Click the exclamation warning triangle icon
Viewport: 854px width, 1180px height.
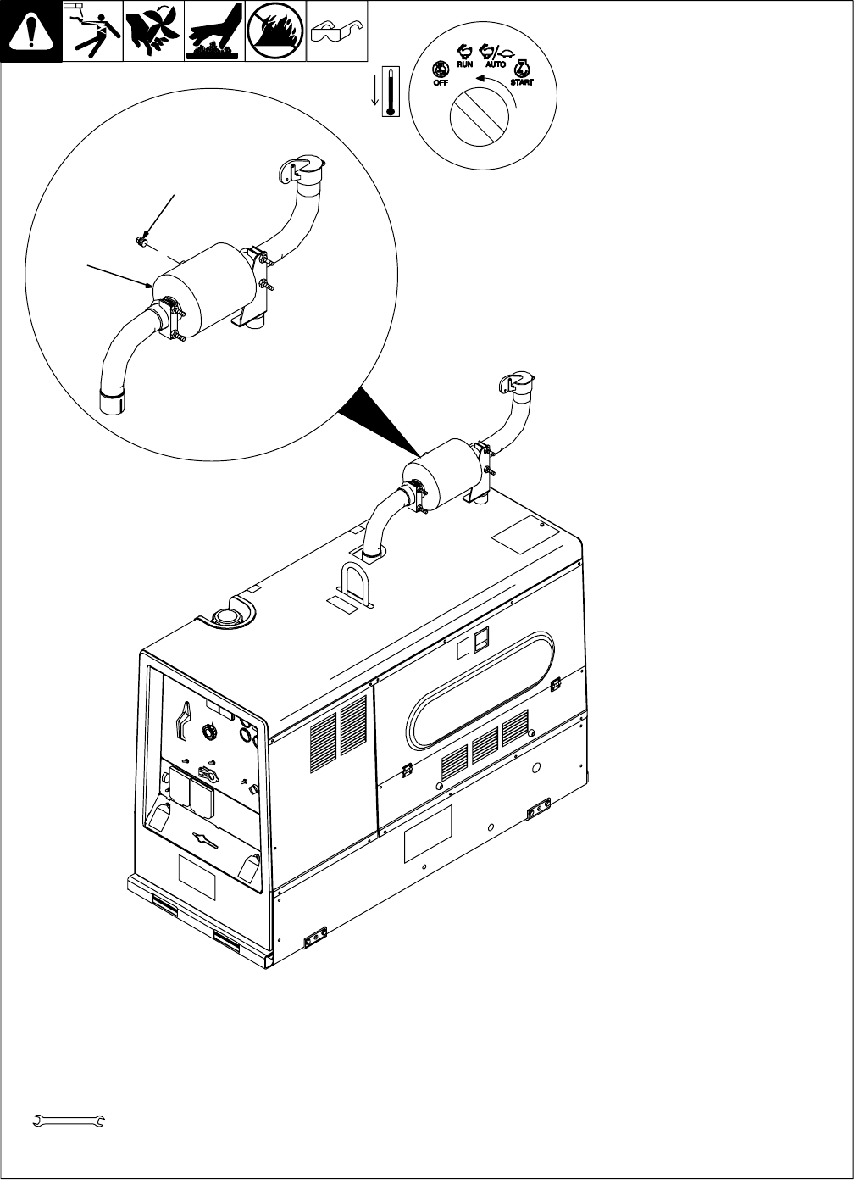click(x=31, y=32)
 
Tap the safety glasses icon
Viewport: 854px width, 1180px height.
click(x=335, y=32)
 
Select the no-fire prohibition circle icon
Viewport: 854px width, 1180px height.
click(x=275, y=32)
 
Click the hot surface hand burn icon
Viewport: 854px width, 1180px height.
click(x=214, y=32)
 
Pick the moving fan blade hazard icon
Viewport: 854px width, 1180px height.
click(x=153, y=32)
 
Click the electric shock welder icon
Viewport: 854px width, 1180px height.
click(x=92, y=32)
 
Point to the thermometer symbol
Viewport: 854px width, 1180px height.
click(x=390, y=91)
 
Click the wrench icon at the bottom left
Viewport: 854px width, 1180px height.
click(x=67, y=1121)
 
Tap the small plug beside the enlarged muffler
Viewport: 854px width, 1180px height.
click(x=142, y=243)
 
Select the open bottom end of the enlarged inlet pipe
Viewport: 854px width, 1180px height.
click(x=111, y=403)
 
